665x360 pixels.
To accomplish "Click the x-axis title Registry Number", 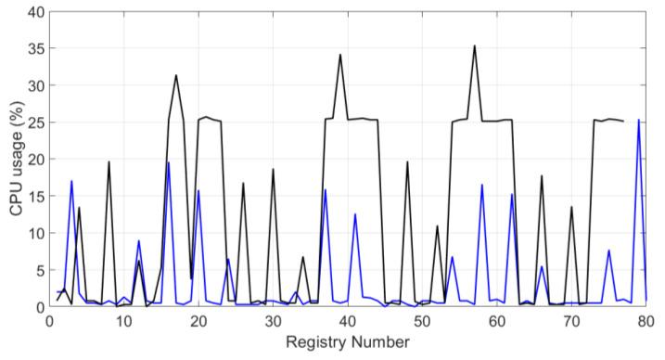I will [348, 343].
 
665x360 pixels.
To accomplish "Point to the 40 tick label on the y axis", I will [35, 12].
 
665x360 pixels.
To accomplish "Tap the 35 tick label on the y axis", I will [35, 49].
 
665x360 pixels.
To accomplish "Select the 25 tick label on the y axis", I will [35, 122].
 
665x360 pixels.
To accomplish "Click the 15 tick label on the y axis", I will [35, 196].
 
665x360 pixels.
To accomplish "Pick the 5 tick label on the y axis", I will [38, 270].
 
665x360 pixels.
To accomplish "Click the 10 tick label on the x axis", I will [123, 320].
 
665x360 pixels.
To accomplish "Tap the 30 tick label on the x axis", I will [273, 320].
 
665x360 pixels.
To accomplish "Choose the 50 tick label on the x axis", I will [422, 320].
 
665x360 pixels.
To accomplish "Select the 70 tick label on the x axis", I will [571, 320].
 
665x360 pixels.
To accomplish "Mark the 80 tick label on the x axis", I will [646, 320].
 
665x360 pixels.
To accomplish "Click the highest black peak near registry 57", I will [475, 45].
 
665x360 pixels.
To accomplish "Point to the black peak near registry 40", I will [340, 55].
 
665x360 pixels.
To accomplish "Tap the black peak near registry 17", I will [176, 75].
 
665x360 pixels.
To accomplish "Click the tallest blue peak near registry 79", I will [638, 120].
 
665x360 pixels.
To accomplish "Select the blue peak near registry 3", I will [71, 181].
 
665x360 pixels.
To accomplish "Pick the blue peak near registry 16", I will [168, 162].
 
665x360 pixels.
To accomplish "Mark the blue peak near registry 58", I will [481, 185].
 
